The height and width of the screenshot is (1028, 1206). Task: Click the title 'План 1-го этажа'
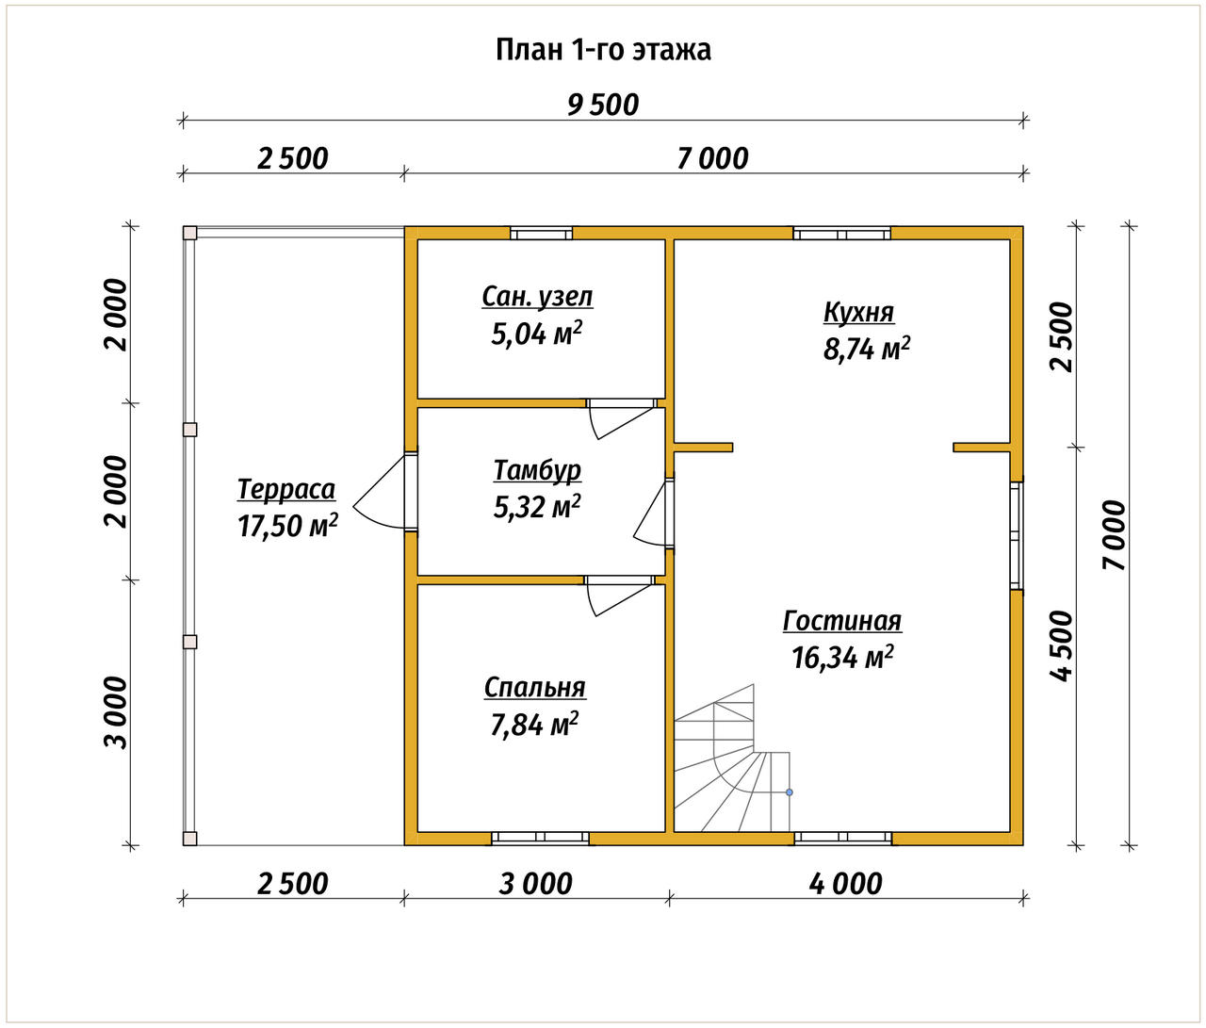pyautogui.click(x=603, y=50)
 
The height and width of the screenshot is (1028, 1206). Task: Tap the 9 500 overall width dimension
pyautogui.click(x=603, y=106)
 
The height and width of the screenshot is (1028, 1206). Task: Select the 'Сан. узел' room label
pyautogui.click(x=537, y=297)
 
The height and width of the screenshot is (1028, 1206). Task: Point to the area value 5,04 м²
pyautogui.click(x=537, y=334)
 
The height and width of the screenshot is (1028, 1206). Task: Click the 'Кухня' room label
pyautogui.click(x=859, y=312)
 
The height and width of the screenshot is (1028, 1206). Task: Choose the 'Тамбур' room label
pyautogui.click(x=537, y=469)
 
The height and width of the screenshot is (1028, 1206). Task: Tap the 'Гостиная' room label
pyautogui.click(x=842, y=621)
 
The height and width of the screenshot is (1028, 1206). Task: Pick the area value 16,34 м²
pyautogui.click(x=842, y=658)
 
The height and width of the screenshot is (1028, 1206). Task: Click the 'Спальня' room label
pyautogui.click(x=535, y=688)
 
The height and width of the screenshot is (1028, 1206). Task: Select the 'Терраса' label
pyautogui.click(x=286, y=489)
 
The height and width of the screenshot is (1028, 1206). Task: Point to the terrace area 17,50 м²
pyautogui.click(x=287, y=526)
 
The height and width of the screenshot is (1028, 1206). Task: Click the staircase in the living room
pyautogui.click(x=732, y=758)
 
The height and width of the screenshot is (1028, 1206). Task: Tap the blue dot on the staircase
pyautogui.click(x=790, y=792)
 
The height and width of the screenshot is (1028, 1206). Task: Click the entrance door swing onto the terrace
pyautogui.click(x=380, y=492)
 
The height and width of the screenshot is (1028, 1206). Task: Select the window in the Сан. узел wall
pyautogui.click(x=542, y=234)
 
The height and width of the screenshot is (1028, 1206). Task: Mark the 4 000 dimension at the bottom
pyautogui.click(x=845, y=884)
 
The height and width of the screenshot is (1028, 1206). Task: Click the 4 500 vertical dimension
pyautogui.click(x=1061, y=645)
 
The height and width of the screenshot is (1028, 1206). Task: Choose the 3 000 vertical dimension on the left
pyautogui.click(x=116, y=713)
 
